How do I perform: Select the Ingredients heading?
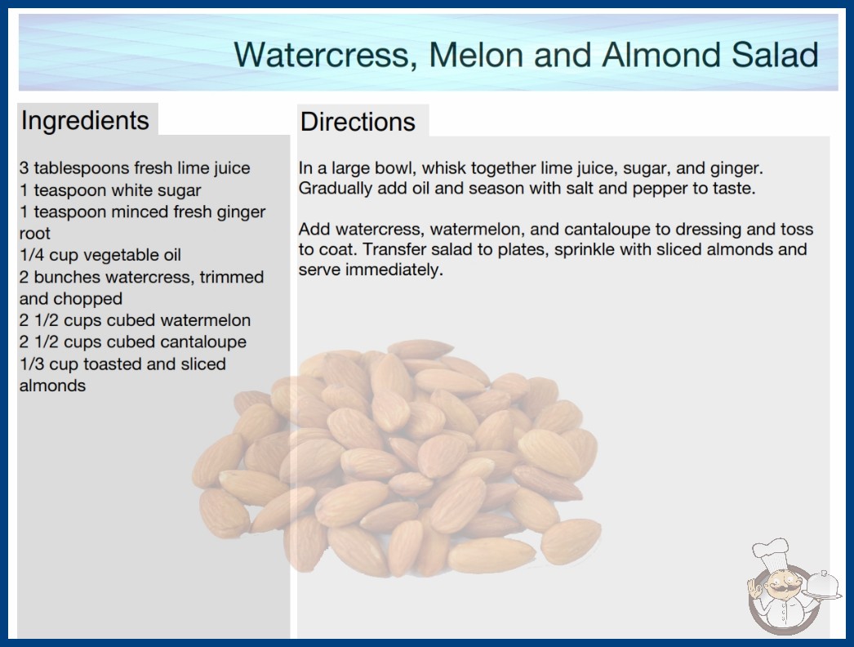pos(85,121)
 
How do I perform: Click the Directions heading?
pos(358,122)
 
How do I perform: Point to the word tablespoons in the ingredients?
pos(81,168)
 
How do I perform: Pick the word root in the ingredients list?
pos(35,234)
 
